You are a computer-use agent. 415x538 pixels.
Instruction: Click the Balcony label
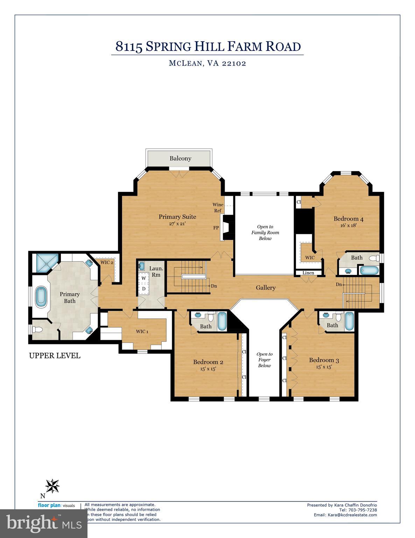[180, 158]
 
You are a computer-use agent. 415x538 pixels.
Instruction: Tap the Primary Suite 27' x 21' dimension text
[177, 223]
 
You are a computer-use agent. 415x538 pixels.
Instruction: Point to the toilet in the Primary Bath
[37, 330]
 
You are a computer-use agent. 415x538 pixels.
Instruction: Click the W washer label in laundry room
[144, 278]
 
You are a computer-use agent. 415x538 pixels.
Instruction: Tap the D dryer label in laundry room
[144, 289]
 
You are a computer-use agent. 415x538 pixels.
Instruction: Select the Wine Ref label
[218, 208]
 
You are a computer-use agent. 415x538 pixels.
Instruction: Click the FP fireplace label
[216, 228]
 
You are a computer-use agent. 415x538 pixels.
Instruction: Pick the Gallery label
[265, 288]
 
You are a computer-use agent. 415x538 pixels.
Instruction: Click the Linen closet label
[308, 273]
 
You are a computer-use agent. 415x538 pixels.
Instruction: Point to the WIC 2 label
[107, 262]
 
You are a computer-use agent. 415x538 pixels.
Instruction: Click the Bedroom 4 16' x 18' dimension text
[348, 226]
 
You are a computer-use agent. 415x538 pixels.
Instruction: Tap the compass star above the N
[52, 486]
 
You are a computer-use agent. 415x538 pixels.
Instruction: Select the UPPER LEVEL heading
[55, 356]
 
